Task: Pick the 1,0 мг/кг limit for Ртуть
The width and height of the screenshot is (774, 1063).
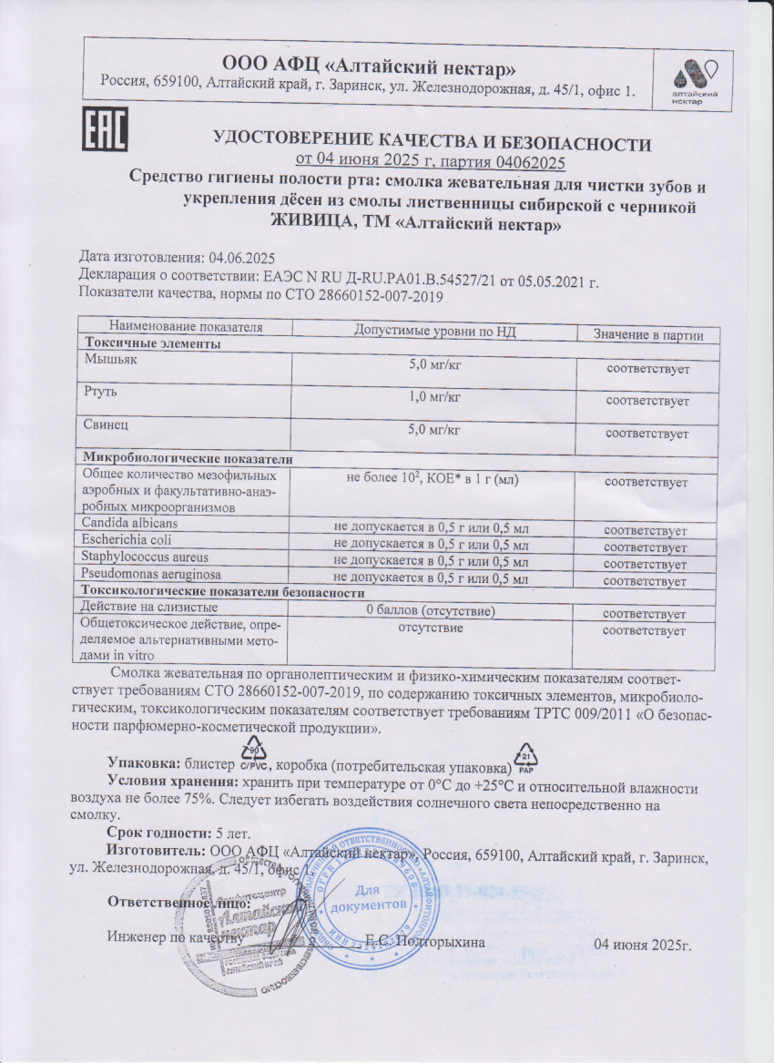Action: [x=434, y=395]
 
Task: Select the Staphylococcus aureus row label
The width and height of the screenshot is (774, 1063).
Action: [x=145, y=557]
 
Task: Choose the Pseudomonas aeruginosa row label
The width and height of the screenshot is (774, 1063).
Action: [x=151, y=575]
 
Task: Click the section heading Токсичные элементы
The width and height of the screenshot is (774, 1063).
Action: [x=152, y=344]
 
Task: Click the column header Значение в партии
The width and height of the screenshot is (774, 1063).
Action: [x=648, y=335]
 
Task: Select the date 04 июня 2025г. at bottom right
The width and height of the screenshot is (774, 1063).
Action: [x=643, y=943]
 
